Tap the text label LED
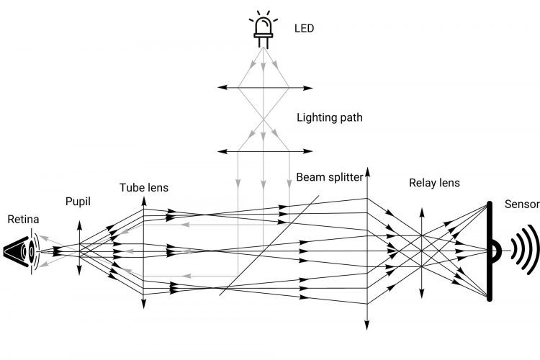305,29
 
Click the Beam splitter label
329,176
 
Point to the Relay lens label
433,183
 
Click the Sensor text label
522,204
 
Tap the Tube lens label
144,188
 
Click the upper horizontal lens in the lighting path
264,87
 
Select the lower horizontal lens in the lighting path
264,151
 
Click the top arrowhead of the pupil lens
80,222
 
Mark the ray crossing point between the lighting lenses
264,119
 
